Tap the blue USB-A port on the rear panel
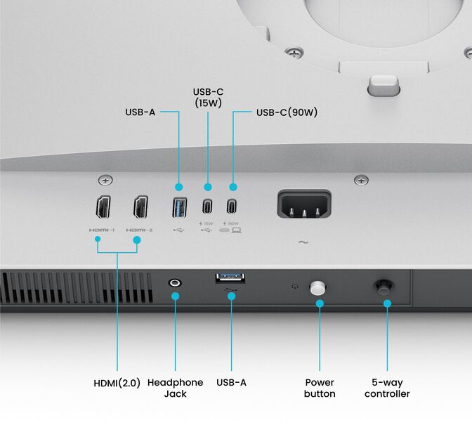click(179, 208)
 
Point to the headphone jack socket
click(175, 282)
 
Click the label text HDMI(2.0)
click(117, 383)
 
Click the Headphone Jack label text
click(175, 388)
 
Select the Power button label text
click(320, 388)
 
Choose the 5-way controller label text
click(387, 388)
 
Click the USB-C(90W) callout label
click(287, 112)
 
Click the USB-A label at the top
click(140, 112)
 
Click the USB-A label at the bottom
click(231, 383)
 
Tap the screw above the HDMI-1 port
click(105, 180)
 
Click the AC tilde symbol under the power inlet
click(303, 242)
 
